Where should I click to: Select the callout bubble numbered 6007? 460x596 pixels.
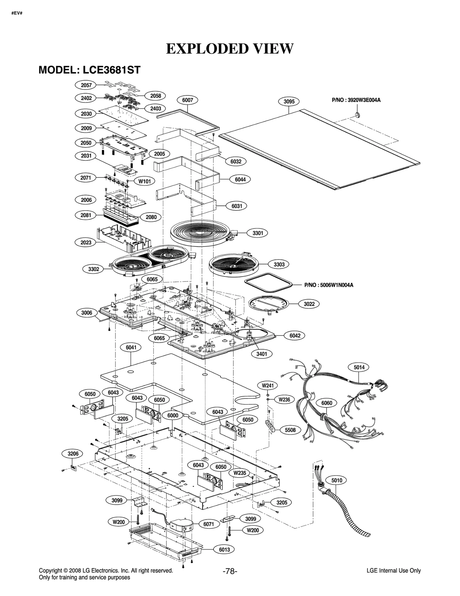(x=187, y=100)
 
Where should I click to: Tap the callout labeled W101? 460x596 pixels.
(x=145, y=181)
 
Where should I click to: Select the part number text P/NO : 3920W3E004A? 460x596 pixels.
(x=356, y=100)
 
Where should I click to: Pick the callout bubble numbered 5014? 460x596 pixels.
(x=359, y=367)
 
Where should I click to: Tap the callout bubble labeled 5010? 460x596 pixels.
(x=337, y=480)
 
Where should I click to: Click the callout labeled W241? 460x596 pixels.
(x=268, y=385)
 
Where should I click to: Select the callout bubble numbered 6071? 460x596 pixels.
(x=208, y=524)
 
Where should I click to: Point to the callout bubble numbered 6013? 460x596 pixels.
(x=224, y=550)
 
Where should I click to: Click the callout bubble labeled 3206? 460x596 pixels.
(x=73, y=454)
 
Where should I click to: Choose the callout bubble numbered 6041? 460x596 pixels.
(x=131, y=347)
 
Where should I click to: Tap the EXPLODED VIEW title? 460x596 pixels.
(x=230, y=49)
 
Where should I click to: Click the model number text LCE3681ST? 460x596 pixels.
(x=112, y=70)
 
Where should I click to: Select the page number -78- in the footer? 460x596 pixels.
(x=230, y=571)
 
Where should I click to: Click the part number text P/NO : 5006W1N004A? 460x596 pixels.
(x=329, y=285)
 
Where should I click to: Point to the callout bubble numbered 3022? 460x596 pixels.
(x=309, y=304)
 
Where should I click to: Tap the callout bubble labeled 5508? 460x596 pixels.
(x=290, y=430)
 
